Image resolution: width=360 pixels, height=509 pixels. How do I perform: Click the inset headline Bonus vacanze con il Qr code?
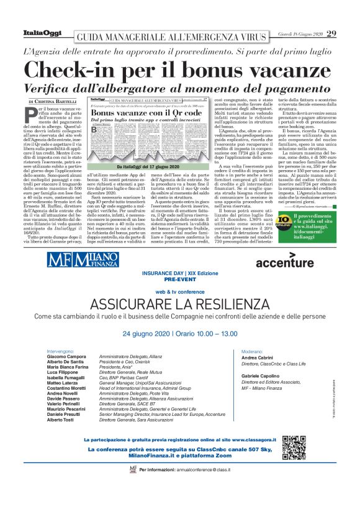point(128,114)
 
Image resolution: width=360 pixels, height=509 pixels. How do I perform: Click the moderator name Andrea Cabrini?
point(257,358)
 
